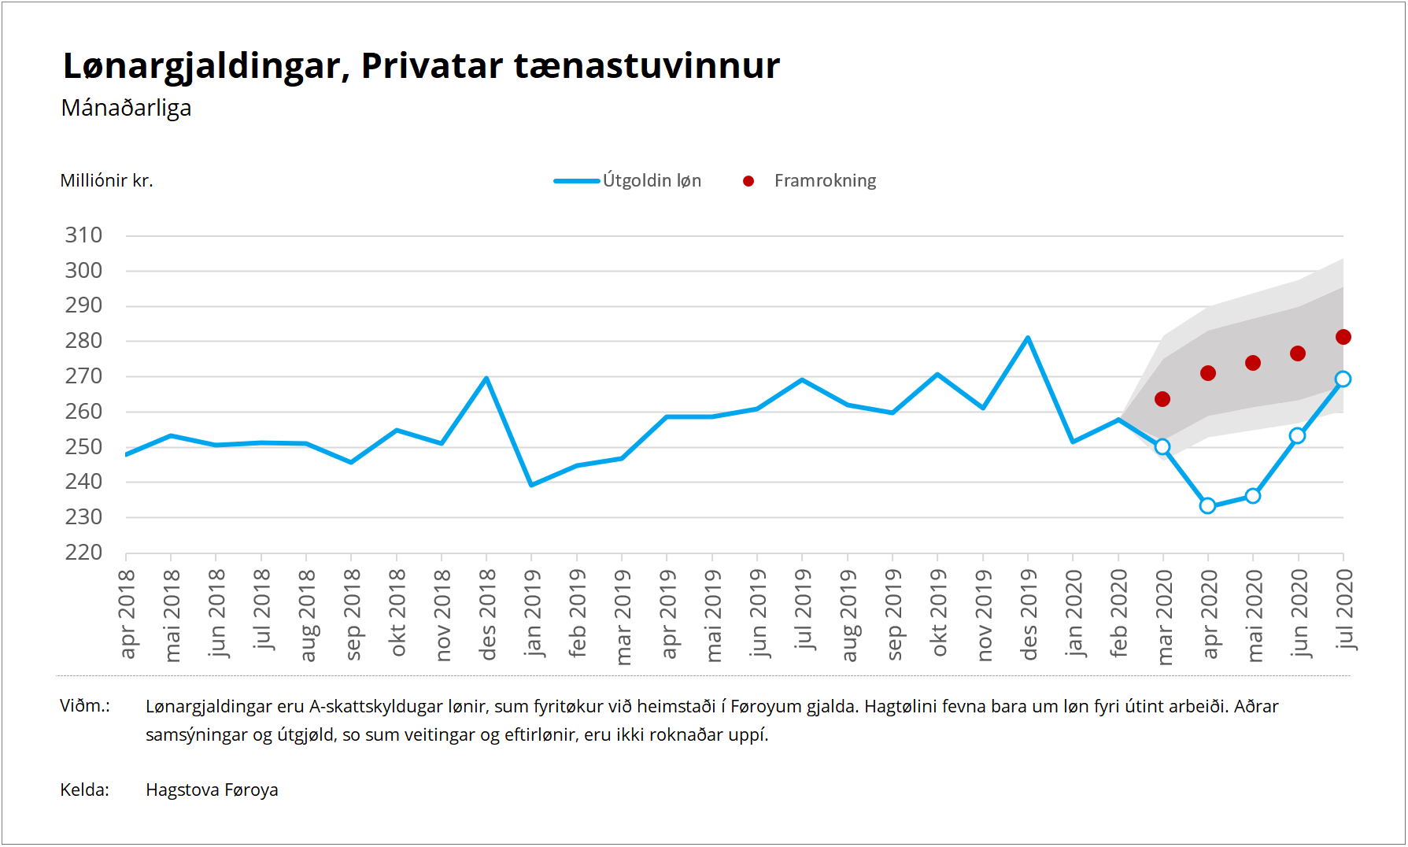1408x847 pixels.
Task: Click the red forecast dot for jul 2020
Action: tap(1343, 337)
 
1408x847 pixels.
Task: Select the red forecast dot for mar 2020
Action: tap(1162, 399)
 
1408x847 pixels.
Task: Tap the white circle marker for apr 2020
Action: tap(1207, 505)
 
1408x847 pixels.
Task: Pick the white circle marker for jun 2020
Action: tap(1297, 435)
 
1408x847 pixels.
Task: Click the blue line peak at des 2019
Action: tap(1027, 338)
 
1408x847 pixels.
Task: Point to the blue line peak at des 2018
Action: tap(486, 379)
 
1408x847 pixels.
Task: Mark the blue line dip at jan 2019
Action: tap(531, 485)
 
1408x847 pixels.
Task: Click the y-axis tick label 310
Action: tap(83, 235)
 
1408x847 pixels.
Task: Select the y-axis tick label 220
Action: tap(83, 553)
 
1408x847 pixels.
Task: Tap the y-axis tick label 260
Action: tap(83, 412)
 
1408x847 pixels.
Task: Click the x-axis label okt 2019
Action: tap(938, 613)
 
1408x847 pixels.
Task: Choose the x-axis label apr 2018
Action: tap(127, 614)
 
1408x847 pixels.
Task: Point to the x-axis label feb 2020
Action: tap(1118, 614)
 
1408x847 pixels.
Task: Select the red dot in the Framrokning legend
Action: tap(748, 181)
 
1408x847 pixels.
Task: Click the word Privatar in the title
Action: tap(431, 65)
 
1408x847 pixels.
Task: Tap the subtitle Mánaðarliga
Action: tap(126, 108)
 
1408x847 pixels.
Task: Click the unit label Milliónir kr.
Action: tap(106, 181)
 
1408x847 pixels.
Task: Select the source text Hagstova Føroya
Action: tap(212, 790)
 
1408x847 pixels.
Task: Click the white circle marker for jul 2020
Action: tap(1343, 379)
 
